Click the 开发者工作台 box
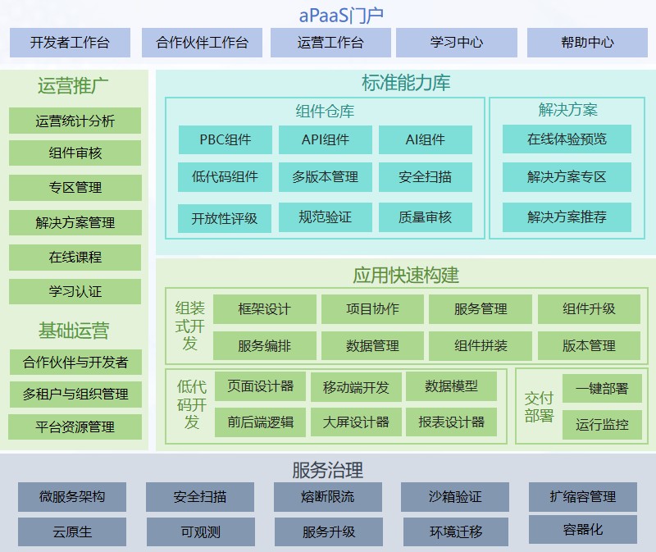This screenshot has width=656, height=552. pos(70,43)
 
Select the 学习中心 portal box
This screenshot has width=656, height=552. pos(457,43)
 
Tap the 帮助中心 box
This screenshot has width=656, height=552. pos(587,43)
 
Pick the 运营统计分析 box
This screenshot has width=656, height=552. pos(75,121)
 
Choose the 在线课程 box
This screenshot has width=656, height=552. pos(75,257)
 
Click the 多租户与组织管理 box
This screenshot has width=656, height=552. pos(75,394)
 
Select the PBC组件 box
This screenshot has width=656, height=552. pos(225,139)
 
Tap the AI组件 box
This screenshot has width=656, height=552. pos(425,139)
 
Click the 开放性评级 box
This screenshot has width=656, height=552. pos(225,218)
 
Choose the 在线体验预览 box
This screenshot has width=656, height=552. pos(567,139)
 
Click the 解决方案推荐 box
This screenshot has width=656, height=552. pos(567,217)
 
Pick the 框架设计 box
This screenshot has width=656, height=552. pos(264,309)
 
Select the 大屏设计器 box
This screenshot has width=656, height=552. pos(356,422)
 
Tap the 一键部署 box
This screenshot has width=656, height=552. pos(602,389)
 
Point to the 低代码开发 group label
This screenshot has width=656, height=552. pos(191,404)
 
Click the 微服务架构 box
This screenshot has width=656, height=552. pos(72,497)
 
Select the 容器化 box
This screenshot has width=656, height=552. pos(583,530)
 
